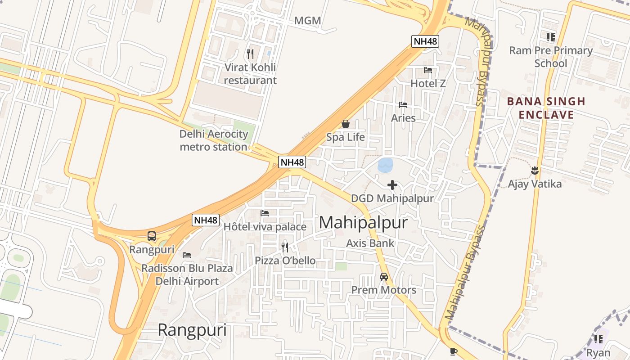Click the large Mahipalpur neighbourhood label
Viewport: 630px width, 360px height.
tap(363, 223)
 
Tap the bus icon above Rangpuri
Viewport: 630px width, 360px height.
tap(152, 236)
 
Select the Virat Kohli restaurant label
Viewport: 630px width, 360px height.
tap(250, 74)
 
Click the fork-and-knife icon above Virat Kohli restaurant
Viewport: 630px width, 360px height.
tap(250, 54)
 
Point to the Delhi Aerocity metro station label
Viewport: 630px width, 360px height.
tap(214, 140)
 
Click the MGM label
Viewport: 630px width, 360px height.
tap(308, 21)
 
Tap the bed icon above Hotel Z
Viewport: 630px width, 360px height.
tap(428, 70)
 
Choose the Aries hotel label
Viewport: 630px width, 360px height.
tap(403, 118)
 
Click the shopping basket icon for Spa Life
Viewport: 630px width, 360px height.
tap(346, 124)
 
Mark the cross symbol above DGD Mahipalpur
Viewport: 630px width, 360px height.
tap(392, 185)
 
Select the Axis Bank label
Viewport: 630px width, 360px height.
tap(370, 243)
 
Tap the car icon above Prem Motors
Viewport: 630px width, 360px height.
tap(384, 277)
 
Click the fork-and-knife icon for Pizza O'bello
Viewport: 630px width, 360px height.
tap(285, 247)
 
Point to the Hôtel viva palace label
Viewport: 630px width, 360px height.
tap(265, 227)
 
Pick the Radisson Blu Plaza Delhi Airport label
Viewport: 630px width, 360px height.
tap(187, 275)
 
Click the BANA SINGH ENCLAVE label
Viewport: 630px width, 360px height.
tap(546, 108)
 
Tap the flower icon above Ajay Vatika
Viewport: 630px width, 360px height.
tap(535, 171)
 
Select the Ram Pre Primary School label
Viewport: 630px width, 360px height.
tap(551, 57)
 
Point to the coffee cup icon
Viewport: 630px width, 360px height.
tap(453, 351)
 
